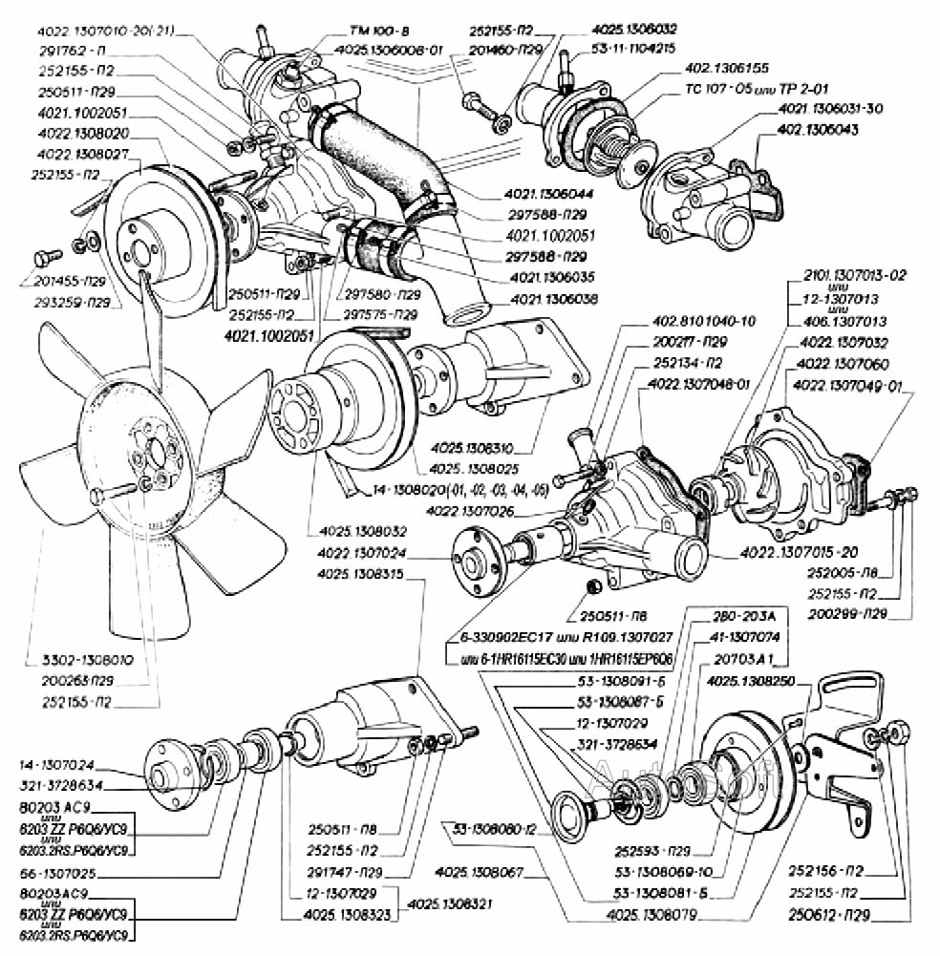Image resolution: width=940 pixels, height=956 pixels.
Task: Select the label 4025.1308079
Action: coord(652,915)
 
